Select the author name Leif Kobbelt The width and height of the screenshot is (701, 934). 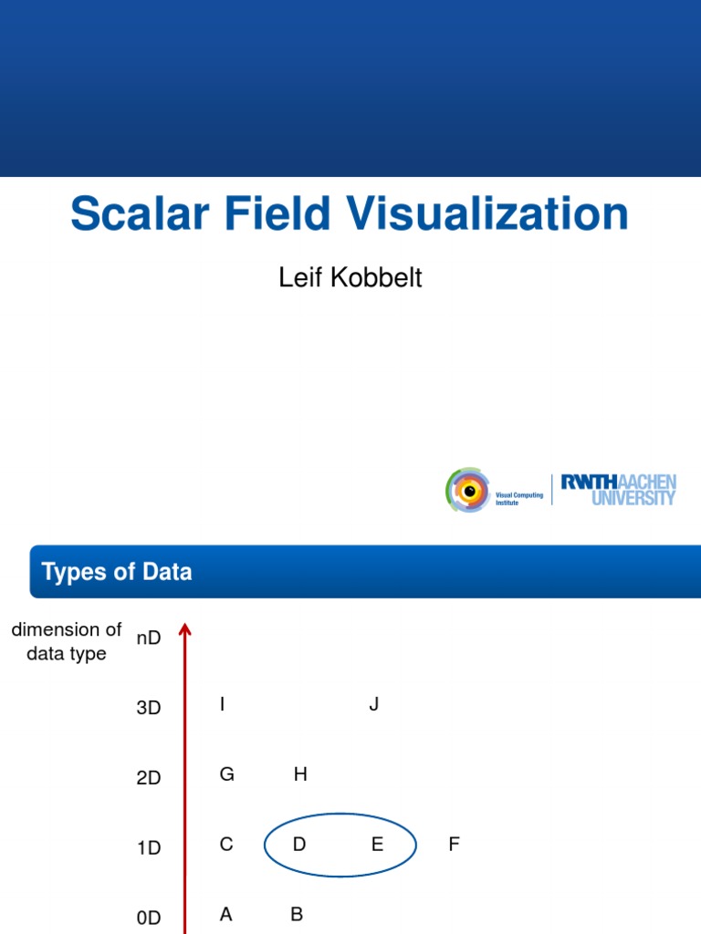pyautogui.click(x=350, y=277)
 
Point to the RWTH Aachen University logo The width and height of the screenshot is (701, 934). pyautogui.click(x=618, y=490)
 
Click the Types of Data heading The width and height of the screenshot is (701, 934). pyautogui.click(x=117, y=572)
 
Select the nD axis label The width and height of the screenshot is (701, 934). pyautogui.click(x=149, y=638)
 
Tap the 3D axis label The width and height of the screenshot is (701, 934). pyautogui.click(x=149, y=708)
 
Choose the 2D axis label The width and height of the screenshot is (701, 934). pyautogui.click(x=149, y=778)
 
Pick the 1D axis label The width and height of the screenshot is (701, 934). pyautogui.click(x=149, y=848)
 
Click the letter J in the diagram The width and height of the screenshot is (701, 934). pyautogui.click(x=373, y=704)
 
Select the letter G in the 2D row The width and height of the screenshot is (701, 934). pyautogui.click(x=227, y=774)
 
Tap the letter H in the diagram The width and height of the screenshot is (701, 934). pyautogui.click(x=300, y=774)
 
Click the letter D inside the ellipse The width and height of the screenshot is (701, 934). pyautogui.click(x=299, y=845)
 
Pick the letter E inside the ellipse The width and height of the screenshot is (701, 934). pyautogui.click(x=377, y=845)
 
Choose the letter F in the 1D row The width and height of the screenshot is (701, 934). pyautogui.click(x=454, y=845)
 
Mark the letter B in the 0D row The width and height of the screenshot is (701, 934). pyautogui.click(x=297, y=915)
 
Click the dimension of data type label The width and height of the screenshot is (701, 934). pyautogui.click(x=67, y=641)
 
